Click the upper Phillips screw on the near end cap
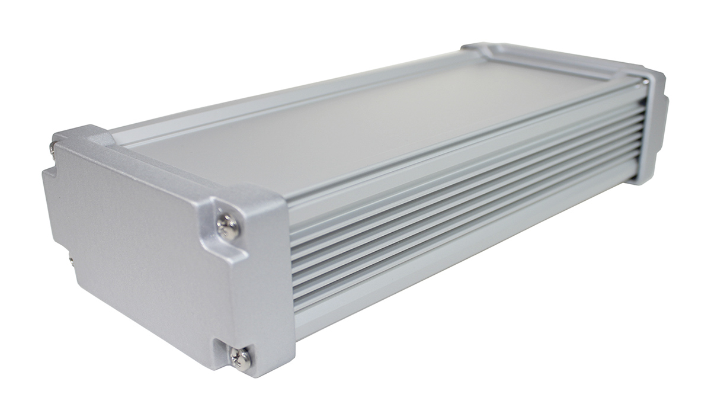pos(228,226)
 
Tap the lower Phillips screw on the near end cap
pos(241,358)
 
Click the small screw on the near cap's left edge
pos(71,259)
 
